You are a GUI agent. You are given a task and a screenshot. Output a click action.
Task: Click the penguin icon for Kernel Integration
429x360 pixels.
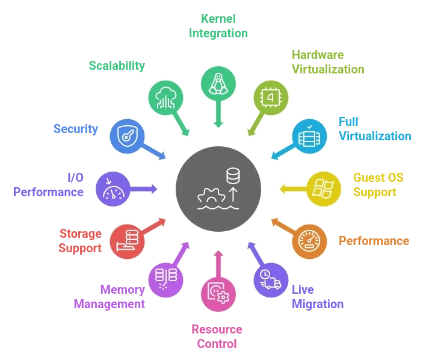218,84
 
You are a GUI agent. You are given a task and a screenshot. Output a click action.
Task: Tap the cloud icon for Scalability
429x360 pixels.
165,98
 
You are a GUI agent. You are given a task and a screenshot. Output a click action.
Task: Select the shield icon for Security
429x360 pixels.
127,136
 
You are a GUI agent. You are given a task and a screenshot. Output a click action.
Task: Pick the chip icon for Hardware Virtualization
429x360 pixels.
271,98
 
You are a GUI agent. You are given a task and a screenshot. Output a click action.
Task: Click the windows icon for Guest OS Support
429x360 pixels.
323,188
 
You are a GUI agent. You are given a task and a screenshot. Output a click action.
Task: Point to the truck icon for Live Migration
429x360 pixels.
270,279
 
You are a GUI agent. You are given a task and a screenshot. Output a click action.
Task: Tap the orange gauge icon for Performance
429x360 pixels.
309,241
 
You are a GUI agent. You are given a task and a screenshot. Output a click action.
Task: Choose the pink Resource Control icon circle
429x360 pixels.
218,294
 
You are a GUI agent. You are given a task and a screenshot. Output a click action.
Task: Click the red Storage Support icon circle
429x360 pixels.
127,241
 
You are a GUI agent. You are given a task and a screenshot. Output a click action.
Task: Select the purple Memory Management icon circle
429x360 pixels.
165,280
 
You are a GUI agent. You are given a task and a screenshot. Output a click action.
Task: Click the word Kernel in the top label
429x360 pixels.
218,19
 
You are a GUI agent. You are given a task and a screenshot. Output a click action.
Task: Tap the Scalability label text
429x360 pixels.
117,66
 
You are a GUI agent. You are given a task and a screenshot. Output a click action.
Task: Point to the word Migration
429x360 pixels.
318,304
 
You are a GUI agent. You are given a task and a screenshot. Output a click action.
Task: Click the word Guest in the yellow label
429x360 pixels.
366,178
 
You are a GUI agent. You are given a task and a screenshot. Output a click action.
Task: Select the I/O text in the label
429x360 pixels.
76,178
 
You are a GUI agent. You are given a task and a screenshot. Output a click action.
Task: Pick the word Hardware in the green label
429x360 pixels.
318,55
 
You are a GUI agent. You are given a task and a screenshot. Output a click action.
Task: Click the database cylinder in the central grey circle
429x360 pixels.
233,176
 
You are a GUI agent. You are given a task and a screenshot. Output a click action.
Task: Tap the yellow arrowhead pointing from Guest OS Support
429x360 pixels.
283,189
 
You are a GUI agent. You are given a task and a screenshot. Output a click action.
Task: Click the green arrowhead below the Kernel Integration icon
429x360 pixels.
218,124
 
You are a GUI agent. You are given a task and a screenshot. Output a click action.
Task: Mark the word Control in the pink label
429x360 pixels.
217,344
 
